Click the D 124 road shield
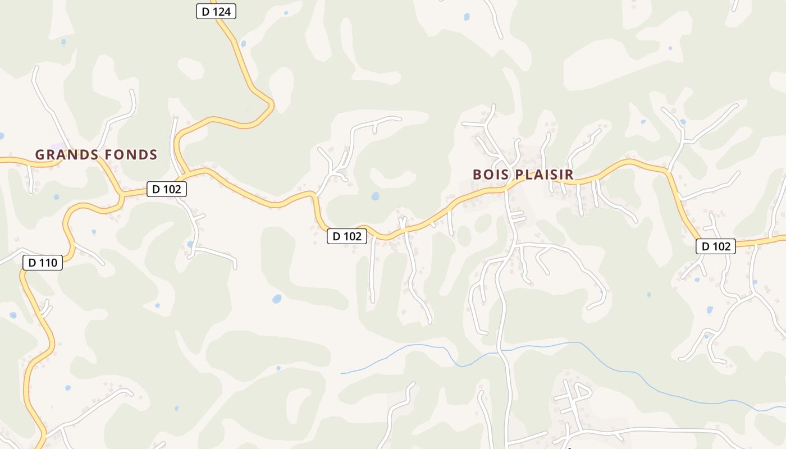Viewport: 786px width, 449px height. (216, 11)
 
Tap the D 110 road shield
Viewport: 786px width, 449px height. (43, 262)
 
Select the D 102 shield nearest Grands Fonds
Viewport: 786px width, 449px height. (167, 189)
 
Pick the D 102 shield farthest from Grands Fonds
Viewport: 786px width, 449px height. (716, 246)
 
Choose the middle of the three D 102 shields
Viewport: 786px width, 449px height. (347, 236)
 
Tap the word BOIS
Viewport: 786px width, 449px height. (490, 175)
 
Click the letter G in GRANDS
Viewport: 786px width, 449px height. (40, 154)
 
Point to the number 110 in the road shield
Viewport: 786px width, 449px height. (50, 262)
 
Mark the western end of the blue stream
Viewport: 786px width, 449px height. (341, 373)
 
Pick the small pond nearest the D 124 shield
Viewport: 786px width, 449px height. (243, 43)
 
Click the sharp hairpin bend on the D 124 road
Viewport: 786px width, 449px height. (272, 104)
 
